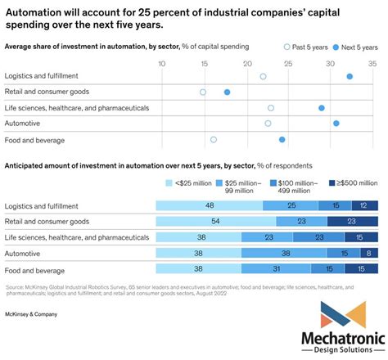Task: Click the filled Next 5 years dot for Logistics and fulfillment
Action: (x=350, y=76)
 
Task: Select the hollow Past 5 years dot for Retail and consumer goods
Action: (x=203, y=92)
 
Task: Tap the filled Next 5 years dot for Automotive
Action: (x=336, y=124)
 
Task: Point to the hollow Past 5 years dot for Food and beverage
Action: (x=214, y=140)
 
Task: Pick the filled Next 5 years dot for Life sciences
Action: (x=322, y=108)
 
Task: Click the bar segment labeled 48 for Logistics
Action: (x=210, y=205)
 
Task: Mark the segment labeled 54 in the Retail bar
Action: (x=214, y=221)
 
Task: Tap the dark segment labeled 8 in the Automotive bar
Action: (x=370, y=253)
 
